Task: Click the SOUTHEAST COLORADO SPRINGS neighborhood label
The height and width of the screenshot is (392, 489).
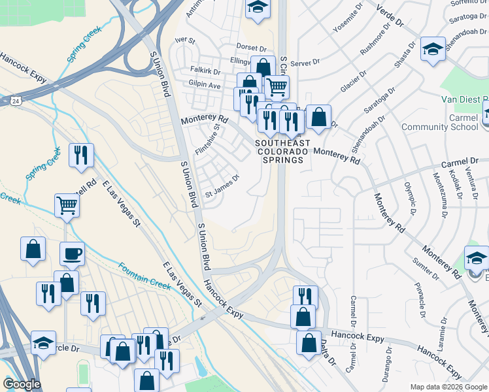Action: tap(279, 152)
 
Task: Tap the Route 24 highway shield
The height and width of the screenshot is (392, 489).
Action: tap(15, 101)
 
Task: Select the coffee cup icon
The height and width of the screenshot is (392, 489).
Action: tap(72, 253)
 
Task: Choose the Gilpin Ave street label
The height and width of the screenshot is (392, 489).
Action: tap(205, 86)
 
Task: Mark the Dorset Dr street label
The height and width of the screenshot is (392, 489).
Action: tap(251, 48)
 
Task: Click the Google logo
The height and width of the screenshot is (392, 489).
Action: tap(22, 384)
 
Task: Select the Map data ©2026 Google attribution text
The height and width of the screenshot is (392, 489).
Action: tap(448, 387)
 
